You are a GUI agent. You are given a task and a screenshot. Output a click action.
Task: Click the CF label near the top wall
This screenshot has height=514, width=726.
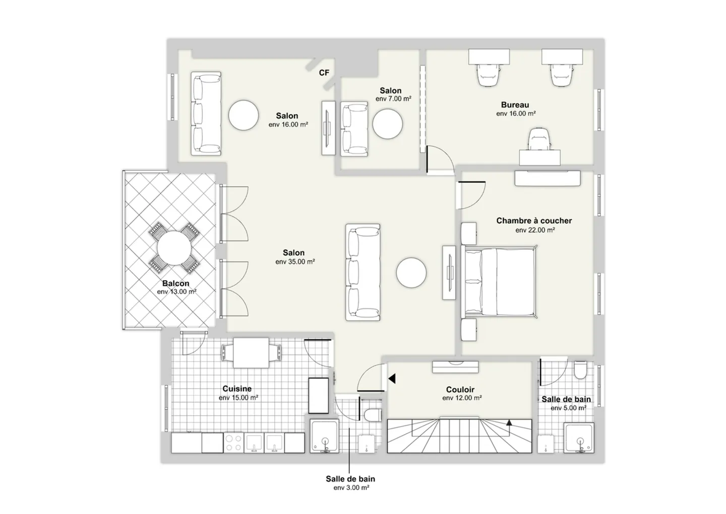(x=324, y=73)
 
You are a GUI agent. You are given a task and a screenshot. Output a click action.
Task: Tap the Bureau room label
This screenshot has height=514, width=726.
(x=515, y=105)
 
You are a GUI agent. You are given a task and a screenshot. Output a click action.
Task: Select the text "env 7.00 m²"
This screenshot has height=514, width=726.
(x=393, y=99)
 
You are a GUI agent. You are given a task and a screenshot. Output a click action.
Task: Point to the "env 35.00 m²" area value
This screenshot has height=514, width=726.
(x=295, y=262)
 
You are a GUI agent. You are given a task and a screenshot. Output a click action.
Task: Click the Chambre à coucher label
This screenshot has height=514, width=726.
(x=534, y=221)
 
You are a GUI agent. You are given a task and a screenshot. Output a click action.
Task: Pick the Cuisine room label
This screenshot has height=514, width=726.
(x=237, y=389)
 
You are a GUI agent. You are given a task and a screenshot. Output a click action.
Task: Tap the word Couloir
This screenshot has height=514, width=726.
(x=460, y=390)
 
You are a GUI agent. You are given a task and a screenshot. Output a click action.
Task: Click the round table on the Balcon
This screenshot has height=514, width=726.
(x=174, y=247)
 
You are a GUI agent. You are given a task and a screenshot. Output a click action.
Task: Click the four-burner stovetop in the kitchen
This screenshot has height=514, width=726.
(x=233, y=443)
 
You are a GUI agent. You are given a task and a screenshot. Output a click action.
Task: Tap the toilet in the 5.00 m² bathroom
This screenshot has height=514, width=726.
(x=580, y=371)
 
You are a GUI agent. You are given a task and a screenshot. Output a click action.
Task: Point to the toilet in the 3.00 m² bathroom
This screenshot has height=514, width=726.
(x=372, y=415)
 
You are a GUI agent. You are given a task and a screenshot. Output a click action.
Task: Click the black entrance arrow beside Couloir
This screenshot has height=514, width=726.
(x=391, y=378)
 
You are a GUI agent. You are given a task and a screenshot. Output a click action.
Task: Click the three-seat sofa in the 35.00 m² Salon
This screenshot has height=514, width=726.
(x=362, y=272)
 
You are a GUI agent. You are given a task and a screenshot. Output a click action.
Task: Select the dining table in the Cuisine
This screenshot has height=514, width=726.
(x=251, y=352)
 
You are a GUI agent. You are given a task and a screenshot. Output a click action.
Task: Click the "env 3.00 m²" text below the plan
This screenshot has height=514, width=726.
(x=351, y=488)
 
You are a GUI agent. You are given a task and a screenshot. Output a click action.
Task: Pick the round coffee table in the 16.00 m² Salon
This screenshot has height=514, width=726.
(x=244, y=115)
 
